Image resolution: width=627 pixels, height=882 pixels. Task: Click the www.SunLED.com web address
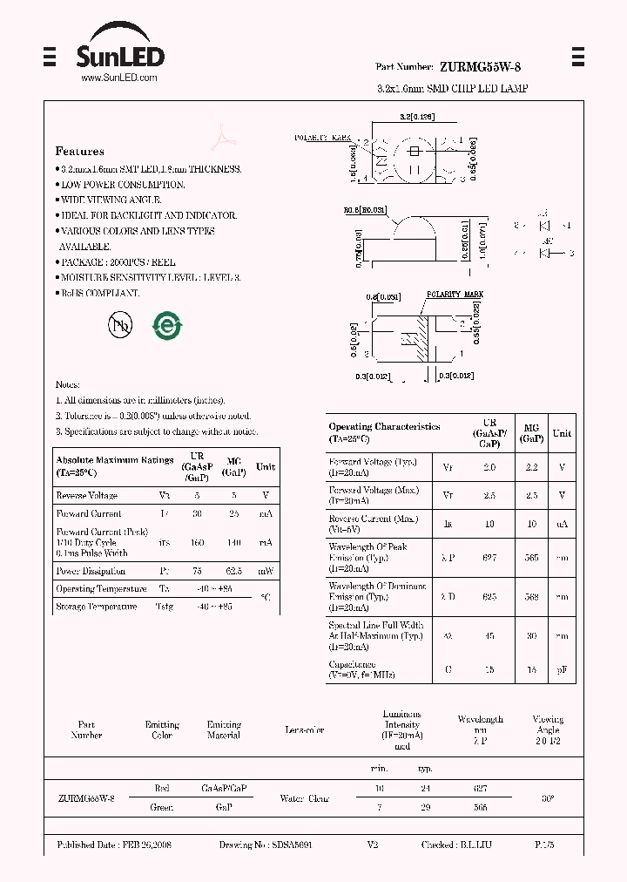[x=118, y=78]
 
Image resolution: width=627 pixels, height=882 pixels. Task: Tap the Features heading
[x=80, y=151]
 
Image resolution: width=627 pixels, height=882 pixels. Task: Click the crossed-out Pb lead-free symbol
[x=121, y=325]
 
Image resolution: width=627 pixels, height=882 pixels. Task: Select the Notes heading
[x=68, y=384]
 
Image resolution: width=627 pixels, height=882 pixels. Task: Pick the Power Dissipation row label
[x=91, y=571]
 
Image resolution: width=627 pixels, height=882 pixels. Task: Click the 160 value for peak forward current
[x=198, y=542]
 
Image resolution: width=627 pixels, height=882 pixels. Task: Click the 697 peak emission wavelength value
[x=489, y=557]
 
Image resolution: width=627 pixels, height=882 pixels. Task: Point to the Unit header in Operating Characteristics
[x=562, y=433]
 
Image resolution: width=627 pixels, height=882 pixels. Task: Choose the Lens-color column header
[x=304, y=730]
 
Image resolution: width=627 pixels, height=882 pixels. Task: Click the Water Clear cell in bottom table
[x=304, y=797]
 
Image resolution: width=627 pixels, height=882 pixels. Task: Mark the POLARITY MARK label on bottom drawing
[x=454, y=295]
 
